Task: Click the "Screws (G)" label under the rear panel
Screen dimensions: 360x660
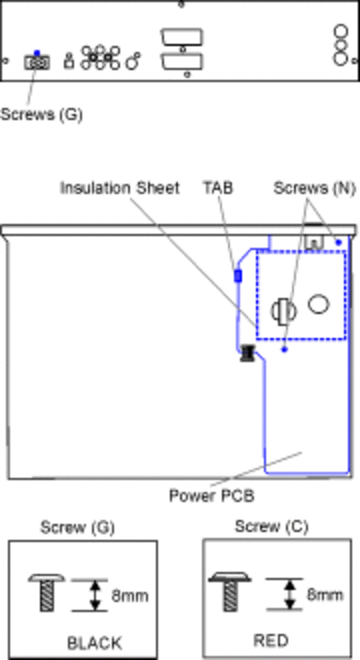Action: click(x=41, y=114)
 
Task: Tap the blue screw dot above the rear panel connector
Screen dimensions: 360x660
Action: click(x=37, y=53)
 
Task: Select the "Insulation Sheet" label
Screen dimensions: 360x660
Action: click(x=120, y=187)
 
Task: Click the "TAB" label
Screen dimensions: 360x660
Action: click(x=219, y=187)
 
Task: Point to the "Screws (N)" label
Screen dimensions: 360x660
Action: click(x=315, y=187)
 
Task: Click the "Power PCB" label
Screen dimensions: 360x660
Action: click(x=211, y=495)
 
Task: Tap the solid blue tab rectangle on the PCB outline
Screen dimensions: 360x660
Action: click(x=238, y=276)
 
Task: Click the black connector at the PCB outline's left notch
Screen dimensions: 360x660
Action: click(x=248, y=353)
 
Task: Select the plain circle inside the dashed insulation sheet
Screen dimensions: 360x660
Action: click(x=319, y=304)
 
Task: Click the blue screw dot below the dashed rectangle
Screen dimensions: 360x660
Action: click(x=284, y=349)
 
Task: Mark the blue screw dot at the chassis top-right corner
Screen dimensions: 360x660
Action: click(x=338, y=242)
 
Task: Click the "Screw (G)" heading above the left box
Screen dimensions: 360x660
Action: click(x=77, y=527)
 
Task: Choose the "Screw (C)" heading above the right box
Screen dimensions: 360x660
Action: click(x=271, y=526)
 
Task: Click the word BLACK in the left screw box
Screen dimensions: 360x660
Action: click(x=94, y=643)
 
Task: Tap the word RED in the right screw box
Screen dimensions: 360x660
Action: click(x=271, y=640)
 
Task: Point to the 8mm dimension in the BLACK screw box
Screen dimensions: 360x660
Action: click(x=130, y=595)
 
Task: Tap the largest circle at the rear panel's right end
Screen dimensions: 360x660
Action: click(x=341, y=58)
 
